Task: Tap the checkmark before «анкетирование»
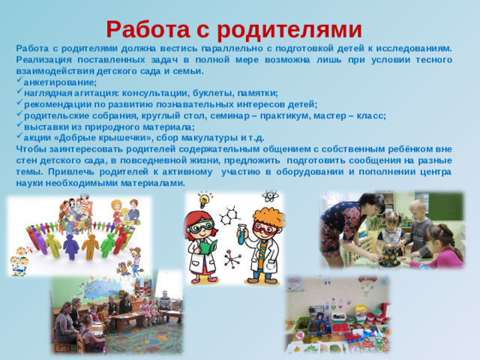(19, 82)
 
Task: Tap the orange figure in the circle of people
(91, 244)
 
